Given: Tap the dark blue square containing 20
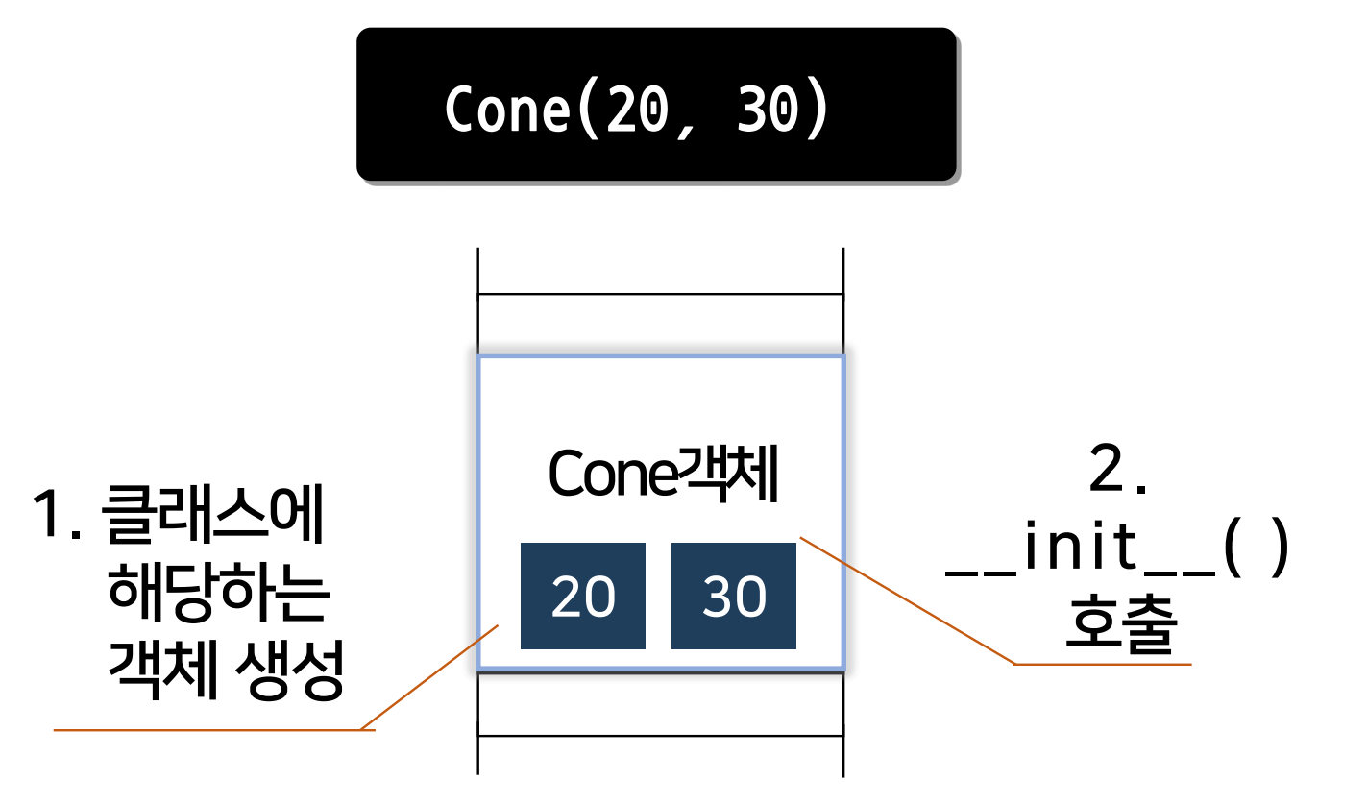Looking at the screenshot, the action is (582, 597).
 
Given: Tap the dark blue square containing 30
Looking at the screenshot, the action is (733, 597).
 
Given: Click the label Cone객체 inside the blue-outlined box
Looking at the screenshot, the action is (662, 474).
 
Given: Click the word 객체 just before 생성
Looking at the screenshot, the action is (157, 670).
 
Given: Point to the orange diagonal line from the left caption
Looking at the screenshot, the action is (430, 676).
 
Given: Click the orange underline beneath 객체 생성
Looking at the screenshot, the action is (211, 730).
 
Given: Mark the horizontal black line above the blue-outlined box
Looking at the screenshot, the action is (661, 295).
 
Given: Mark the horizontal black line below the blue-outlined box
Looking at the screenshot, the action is (661, 737).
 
